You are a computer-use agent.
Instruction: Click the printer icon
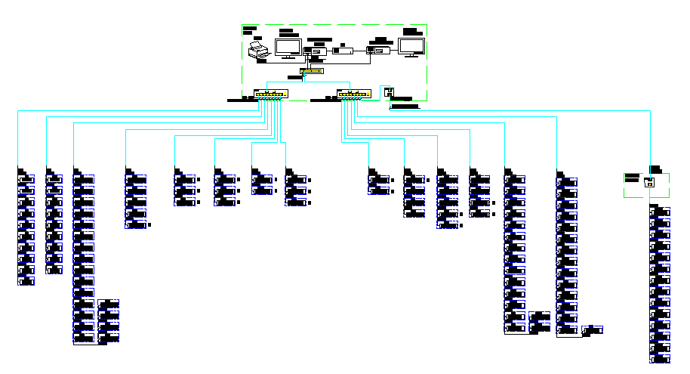coord(258,50)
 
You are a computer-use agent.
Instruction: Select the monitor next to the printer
coord(288,48)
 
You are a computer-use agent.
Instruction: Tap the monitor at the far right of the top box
coord(412,47)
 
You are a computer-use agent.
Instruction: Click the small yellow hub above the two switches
coord(311,72)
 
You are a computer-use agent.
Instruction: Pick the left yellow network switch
coord(271,94)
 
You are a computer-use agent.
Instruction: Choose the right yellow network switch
coord(354,94)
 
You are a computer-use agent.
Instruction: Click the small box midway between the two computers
coord(343,51)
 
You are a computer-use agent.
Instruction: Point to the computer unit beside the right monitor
coord(377,51)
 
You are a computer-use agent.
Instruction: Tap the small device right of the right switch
coord(388,92)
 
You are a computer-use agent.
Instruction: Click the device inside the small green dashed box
coord(648,181)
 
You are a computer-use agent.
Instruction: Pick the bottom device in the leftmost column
coord(27,281)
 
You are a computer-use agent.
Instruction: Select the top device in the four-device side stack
coord(109,305)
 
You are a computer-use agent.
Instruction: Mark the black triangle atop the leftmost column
coord(21,170)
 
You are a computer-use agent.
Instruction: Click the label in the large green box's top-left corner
coord(249,28)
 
